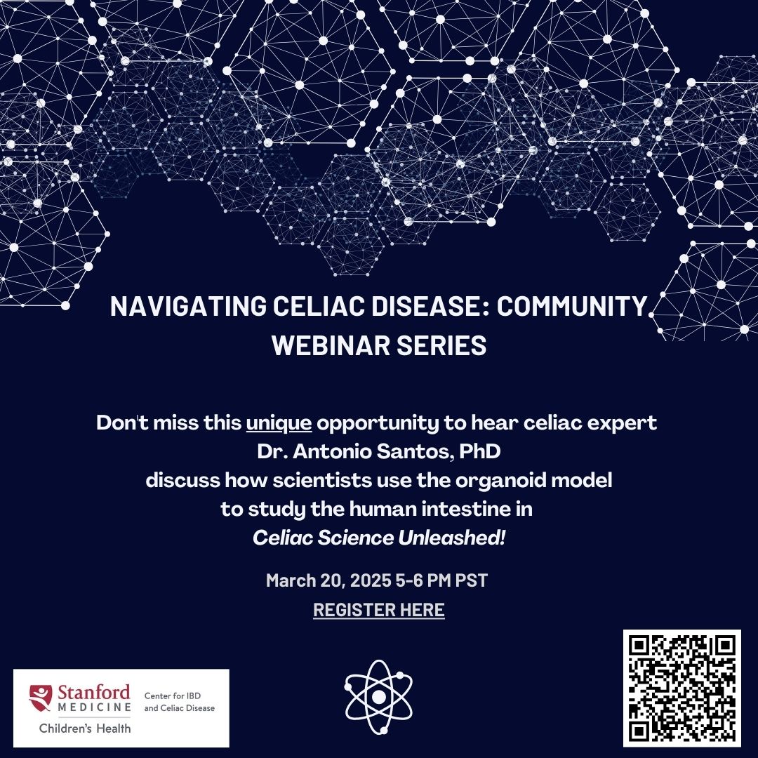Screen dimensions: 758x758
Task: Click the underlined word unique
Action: pos(278,425)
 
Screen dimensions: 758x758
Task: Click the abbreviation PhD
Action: pos(479,453)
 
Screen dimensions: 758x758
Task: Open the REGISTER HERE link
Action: pos(379,610)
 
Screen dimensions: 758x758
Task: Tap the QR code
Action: pos(682,688)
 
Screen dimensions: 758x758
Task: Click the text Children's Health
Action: pos(85,728)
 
